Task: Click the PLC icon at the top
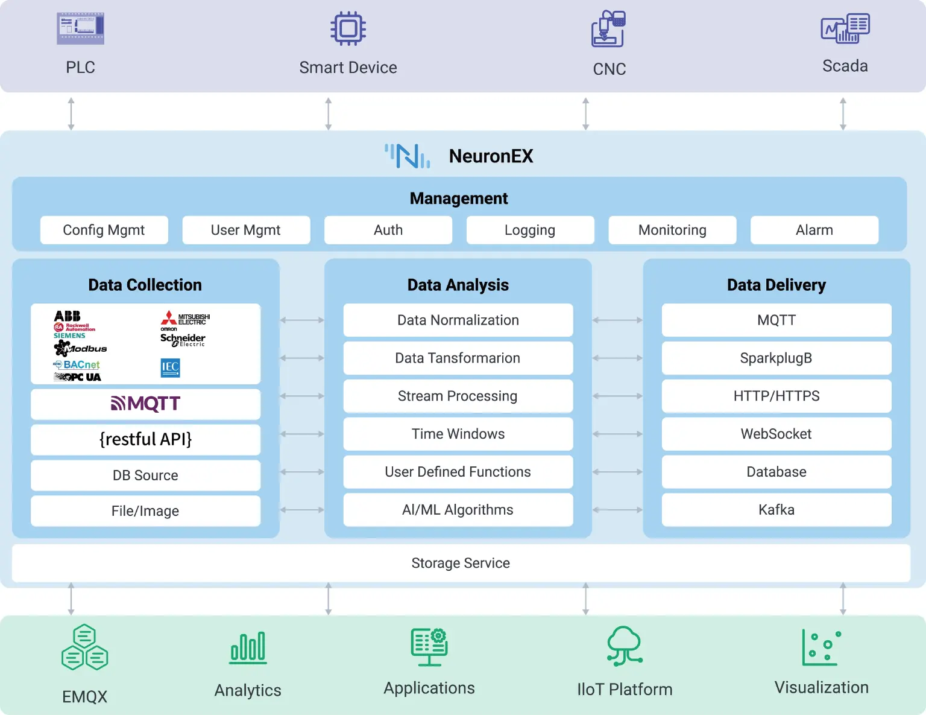click(x=80, y=29)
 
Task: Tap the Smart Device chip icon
click(x=348, y=28)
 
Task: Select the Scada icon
click(x=845, y=28)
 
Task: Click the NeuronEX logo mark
click(x=408, y=156)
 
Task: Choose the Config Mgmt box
click(x=104, y=230)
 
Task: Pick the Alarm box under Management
click(x=814, y=230)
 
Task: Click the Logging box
click(x=530, y=230)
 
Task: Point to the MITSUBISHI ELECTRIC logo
click(x=185, y=318)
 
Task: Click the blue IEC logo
click(x=170, y=367)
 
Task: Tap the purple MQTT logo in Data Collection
click(x=145, y=404)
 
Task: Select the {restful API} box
click(x=145, y=439)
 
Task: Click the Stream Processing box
click(x=458, y=396)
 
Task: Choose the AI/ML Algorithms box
click(x=458, y=510)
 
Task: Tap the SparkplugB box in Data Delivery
click(x=776, y=358)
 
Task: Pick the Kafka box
click(x=776, y=510)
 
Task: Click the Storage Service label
click(x=461, y=563)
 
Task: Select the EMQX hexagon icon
click(x=84, y=647)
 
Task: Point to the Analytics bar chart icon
click(x=248, y=648)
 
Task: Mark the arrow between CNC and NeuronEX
click(x=585, y=113)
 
